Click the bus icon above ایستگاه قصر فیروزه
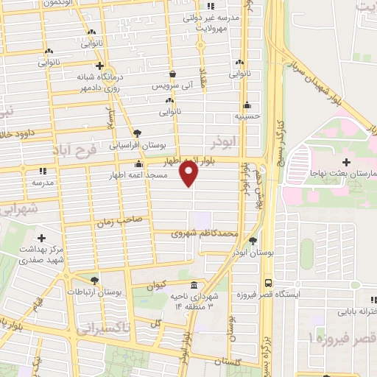click(267, 283)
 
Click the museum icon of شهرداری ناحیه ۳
click(193, 285)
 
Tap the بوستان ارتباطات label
click(100, 292)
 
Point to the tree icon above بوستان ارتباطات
click(94, 280)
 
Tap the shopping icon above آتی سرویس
click(172, 74)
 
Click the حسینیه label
click(245, 116)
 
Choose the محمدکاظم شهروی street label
click(205, 233)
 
